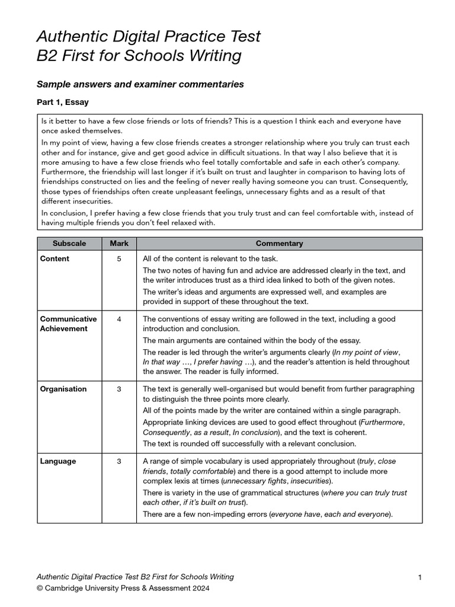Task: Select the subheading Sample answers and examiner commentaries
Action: (140, 84)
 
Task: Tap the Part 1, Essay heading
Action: (63, 102)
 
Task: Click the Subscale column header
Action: (69, 244)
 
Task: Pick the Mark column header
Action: (119, 244)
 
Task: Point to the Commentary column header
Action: (279, 244)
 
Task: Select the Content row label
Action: (55, 258)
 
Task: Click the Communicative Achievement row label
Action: (68, 324)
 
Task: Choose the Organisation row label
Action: (63, 389)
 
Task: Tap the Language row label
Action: (57, 461)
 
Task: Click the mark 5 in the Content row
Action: (119, 258)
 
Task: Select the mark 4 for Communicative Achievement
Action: (119, 319)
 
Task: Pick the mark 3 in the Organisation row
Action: (119, 389)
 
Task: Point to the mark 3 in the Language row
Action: (119, 461)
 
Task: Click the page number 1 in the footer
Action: (419, 577)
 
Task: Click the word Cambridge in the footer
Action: (64, 589)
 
